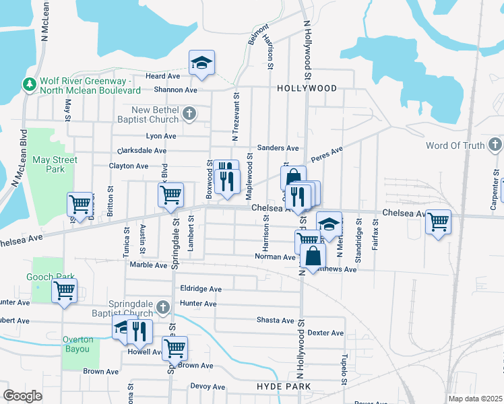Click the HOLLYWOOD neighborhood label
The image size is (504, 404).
307,88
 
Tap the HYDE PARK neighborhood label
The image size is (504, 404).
284,386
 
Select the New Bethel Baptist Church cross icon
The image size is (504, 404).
189,113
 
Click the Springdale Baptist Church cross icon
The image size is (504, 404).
162,308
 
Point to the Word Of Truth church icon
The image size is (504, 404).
495,145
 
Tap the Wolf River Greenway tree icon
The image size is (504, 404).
29,84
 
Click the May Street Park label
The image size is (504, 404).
55,164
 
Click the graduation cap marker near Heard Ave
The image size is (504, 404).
201,63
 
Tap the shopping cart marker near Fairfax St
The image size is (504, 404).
439,222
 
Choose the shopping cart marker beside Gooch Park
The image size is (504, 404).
64,291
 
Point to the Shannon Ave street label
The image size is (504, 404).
175,90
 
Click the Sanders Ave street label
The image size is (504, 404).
278,148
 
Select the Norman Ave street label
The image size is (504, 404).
275,257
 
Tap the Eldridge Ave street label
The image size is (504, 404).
201,289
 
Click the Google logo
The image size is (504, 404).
22,396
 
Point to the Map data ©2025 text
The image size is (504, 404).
475,399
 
